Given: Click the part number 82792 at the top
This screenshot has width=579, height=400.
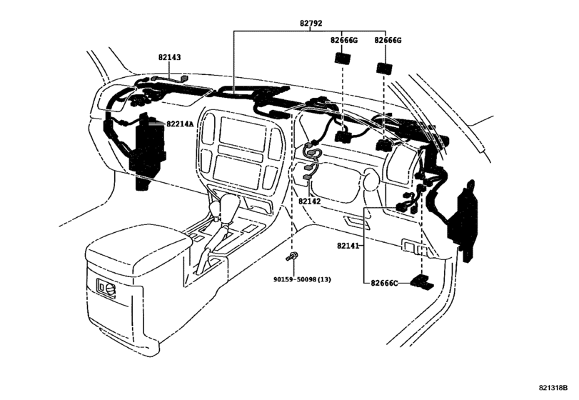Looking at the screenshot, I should pos(310,24).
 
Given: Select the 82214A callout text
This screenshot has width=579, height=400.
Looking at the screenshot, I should pos(180,124).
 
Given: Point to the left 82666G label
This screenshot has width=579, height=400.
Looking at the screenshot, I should pos(344,41).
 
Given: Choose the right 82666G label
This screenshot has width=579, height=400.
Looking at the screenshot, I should pos(388,41).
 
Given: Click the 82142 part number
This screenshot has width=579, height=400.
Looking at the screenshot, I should pos(309,202).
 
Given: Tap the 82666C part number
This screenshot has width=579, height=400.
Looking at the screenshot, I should pos(385,283).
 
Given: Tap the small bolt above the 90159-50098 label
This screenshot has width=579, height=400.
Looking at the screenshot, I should pos(293,255).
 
